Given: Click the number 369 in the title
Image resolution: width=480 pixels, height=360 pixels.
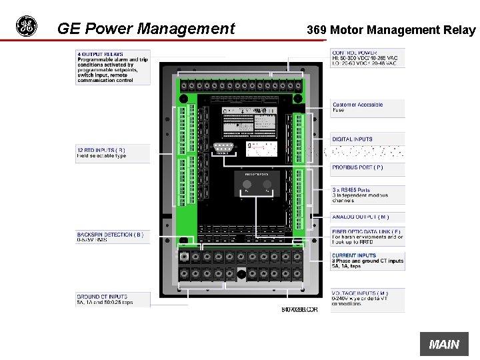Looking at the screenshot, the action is point(316,30).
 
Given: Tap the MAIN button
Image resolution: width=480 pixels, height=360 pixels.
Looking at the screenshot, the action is point(444,344).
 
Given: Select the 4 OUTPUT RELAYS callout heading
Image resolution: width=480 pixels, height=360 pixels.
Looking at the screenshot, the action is point(100,54).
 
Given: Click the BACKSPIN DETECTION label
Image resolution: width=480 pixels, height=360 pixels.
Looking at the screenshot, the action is point(110,235).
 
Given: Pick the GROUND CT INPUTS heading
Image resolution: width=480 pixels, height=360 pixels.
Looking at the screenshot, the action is point(102,297).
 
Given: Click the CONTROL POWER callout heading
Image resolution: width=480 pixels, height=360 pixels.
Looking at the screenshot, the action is point(355,53).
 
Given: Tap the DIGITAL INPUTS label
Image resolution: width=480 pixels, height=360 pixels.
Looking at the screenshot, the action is point(353,139).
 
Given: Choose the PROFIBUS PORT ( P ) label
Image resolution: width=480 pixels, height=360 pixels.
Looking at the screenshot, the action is point(357,167).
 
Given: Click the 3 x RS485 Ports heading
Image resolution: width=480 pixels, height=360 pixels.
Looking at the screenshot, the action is point(351,190).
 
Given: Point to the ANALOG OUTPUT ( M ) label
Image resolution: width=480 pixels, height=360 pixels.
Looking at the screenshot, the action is point(360,217).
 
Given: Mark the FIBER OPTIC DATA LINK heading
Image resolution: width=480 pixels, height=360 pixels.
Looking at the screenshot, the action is point(367,232).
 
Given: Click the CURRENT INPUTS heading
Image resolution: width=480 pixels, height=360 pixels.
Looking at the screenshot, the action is point(354,255).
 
